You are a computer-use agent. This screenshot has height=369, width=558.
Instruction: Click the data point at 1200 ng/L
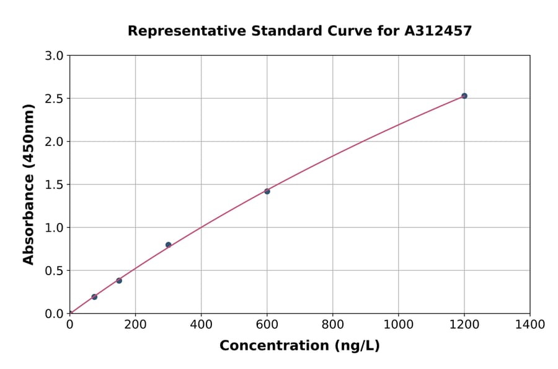click(464, 96)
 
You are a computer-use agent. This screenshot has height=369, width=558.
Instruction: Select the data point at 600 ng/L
click(267, 191)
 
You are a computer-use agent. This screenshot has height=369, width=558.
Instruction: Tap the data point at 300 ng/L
click(168, 245)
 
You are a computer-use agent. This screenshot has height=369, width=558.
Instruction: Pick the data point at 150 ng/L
click(119, 281)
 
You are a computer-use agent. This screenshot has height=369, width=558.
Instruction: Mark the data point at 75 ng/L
click(94, 297)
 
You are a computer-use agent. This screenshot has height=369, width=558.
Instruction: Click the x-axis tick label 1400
click(529, 324)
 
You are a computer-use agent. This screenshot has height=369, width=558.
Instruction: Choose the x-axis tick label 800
click(332, 324)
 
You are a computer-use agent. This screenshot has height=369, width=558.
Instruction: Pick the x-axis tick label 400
click(201, 324)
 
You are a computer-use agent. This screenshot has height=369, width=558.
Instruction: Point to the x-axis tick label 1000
click(398, 324)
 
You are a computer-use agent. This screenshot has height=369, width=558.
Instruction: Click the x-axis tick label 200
click(135, 324)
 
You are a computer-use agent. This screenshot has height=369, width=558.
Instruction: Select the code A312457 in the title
click(438, 30)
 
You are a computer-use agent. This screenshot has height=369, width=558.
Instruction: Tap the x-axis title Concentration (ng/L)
click(299, 345)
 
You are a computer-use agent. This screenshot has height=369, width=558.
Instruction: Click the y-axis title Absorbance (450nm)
click(29, 184)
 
